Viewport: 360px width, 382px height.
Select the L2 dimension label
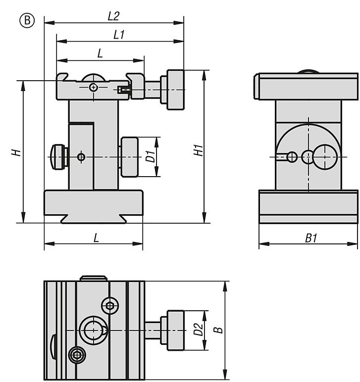tap(113, 16)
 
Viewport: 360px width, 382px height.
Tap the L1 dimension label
tap(119, 35)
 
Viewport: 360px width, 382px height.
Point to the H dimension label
tap(17, 152)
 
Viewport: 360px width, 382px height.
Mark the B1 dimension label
tap(310, 239)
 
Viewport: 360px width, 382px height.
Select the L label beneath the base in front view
tap(96, 238)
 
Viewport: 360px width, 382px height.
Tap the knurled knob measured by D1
tap(129, 157)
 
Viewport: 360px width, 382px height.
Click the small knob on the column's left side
tap(57, 157)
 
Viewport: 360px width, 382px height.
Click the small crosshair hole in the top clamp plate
tap(93, 88)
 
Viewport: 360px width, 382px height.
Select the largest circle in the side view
tap(323, 157)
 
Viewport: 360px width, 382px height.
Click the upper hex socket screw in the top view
tap(109, 306)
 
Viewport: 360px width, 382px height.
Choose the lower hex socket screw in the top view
tap(76, 354)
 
